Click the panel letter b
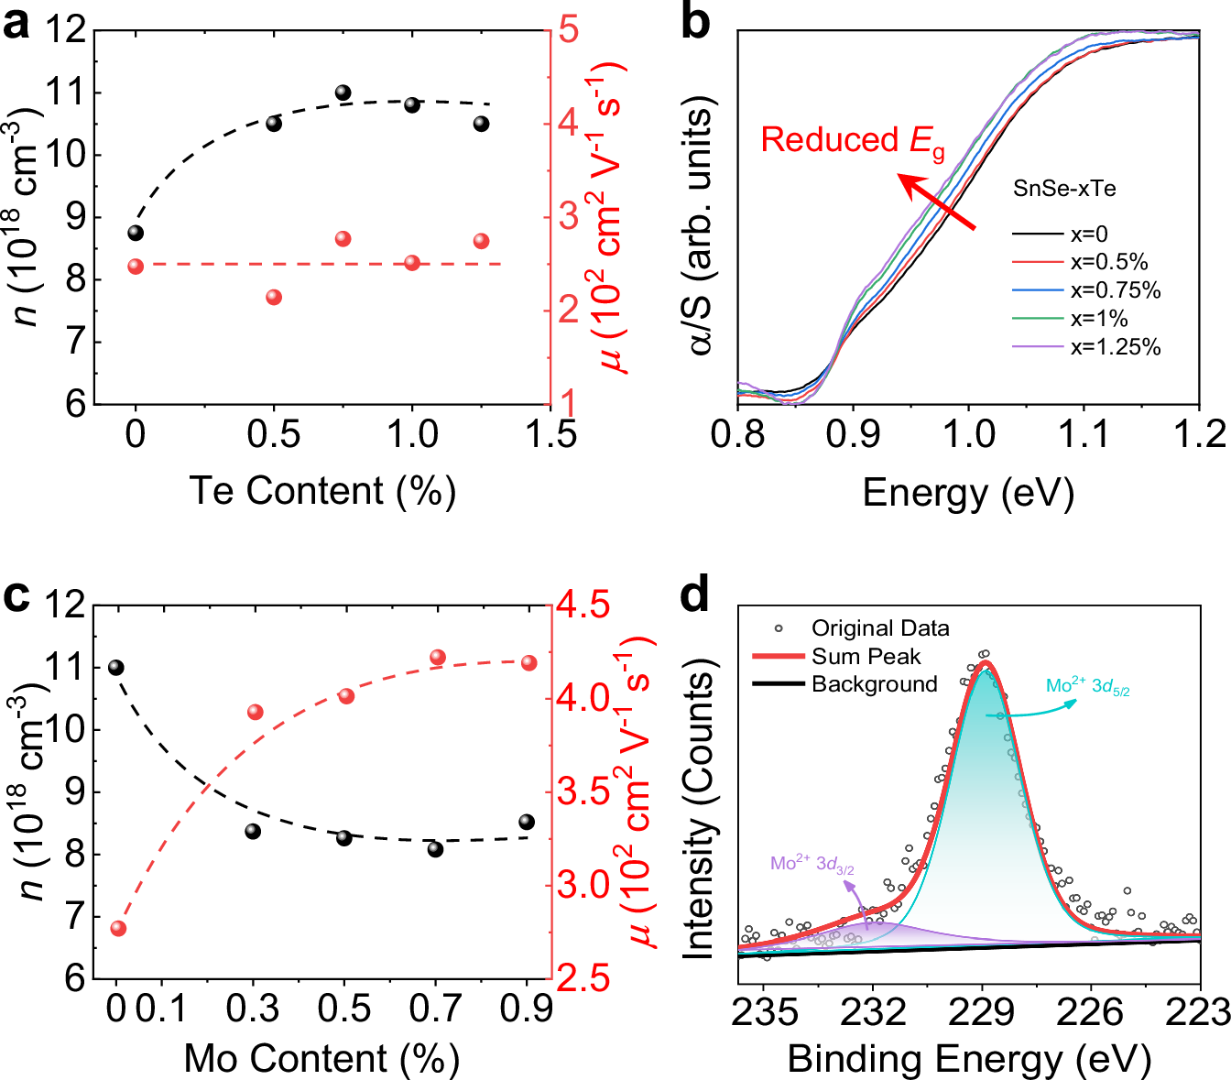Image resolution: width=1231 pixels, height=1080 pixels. click(695, 23)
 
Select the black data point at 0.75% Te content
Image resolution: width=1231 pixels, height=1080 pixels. click(343, 93)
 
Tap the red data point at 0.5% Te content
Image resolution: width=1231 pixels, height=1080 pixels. click(274, 297)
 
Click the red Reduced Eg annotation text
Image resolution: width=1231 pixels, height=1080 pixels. click(852, 141)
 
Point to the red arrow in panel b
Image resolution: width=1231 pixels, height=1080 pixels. click(935, 201)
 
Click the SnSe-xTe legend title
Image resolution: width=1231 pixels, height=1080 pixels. click(1064, 190)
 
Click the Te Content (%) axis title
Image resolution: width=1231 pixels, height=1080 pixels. click(322, 491)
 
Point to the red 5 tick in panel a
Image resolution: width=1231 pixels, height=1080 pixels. click(569, 30)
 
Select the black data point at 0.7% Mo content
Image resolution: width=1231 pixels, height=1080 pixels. click(435, 849)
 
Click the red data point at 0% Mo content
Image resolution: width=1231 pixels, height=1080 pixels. click(118, 928)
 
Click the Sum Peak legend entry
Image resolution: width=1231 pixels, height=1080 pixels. click(866, 657)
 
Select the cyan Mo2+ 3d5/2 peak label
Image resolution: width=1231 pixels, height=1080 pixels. click(1088, 687)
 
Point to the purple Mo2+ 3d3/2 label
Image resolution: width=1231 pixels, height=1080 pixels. click(812, 864)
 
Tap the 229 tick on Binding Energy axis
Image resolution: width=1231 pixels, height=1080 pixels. click(982, 1012)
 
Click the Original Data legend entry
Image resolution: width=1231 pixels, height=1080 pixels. click(879, 628)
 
